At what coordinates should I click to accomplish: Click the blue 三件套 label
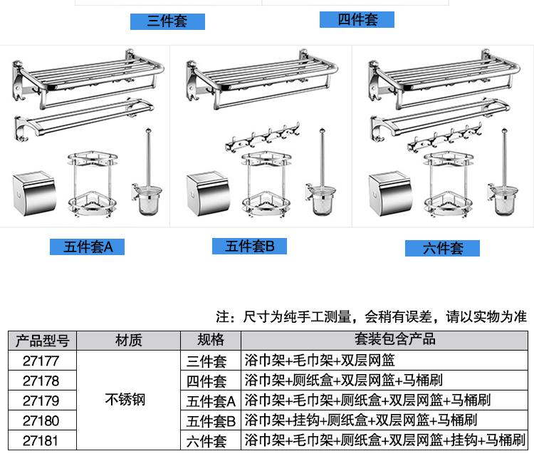click(167, 21)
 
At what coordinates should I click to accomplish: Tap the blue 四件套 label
click(357, 19)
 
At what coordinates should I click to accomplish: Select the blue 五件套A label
click(87, 247)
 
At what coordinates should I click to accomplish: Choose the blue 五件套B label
click(249, 247)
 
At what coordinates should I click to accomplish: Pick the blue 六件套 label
click(442, 248)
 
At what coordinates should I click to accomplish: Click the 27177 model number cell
click(41, 360)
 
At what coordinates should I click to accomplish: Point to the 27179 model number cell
click(41, 400)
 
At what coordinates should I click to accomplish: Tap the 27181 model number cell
click(41, 440)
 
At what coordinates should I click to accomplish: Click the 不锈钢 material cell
click(125, 400)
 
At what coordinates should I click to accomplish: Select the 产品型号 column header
click(41, 340)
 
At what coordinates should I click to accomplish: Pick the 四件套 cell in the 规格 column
click(206, 380)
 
